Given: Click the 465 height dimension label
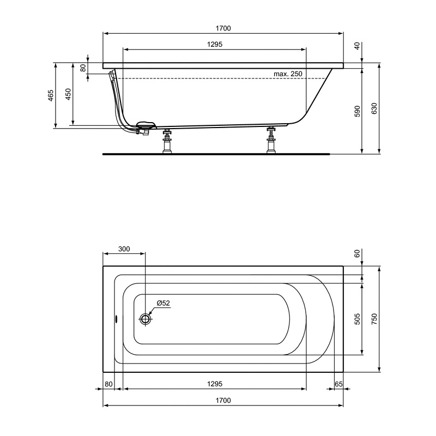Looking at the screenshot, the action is (51, 95).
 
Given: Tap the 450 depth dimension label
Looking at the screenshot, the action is (68, 94).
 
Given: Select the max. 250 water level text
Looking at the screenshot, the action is (288, 74).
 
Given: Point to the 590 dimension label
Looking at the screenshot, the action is (358, 111).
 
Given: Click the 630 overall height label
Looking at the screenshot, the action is (374, 108).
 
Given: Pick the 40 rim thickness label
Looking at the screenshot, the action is (358, 46).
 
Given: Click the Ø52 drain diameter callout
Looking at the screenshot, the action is (163, 303).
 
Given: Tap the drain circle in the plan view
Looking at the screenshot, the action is (145, 319).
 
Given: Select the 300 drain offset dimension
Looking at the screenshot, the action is (124, 249).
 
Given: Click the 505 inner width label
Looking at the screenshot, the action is (358, 319).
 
